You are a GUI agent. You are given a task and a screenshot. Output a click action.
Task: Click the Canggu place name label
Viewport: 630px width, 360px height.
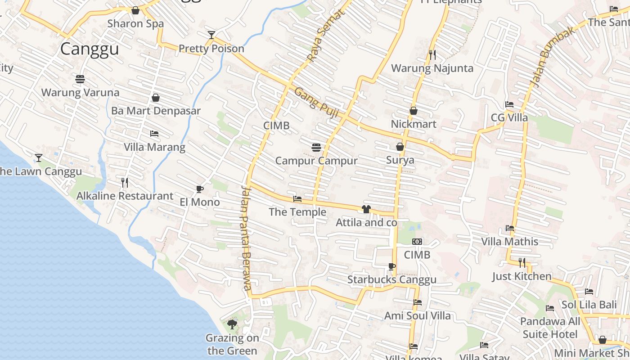(90, 49)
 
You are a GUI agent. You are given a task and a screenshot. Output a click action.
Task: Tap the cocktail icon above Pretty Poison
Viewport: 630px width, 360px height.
(211, 35)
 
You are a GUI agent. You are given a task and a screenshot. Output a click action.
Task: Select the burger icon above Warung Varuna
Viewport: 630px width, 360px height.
(80, 80)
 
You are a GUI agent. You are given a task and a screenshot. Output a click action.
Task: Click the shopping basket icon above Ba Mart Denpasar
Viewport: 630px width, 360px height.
(156, 98)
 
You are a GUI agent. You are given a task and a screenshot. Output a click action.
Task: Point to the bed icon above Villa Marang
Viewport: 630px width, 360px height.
(154, 134)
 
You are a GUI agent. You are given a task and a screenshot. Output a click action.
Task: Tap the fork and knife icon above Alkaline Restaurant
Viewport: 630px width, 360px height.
(125, 182)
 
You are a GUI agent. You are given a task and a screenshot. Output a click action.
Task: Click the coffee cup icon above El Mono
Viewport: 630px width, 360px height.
(200, 189)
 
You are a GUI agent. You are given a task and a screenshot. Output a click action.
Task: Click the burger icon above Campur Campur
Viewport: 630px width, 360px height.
(316, 147)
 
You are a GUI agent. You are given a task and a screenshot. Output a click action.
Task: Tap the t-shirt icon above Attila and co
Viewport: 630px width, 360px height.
(366, 209)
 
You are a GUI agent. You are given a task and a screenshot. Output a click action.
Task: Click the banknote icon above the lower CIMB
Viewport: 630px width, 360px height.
(417, 242)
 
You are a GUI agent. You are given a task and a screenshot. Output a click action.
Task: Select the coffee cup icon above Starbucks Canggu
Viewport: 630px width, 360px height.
(392, 266)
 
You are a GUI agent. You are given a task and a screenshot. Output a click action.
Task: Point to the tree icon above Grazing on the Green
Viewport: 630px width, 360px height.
(232, 324)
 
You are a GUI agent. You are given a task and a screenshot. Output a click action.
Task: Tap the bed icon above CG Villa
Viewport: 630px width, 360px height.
(509, 104)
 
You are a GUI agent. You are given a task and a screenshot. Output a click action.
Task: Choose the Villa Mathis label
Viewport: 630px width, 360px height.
(510, 242)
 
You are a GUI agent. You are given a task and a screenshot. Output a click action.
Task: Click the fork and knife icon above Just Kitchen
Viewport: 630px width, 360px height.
(522, 262)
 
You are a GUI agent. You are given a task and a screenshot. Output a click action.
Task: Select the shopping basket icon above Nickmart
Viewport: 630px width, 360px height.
(414, 111)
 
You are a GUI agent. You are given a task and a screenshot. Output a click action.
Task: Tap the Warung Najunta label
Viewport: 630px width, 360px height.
(432, 68)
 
